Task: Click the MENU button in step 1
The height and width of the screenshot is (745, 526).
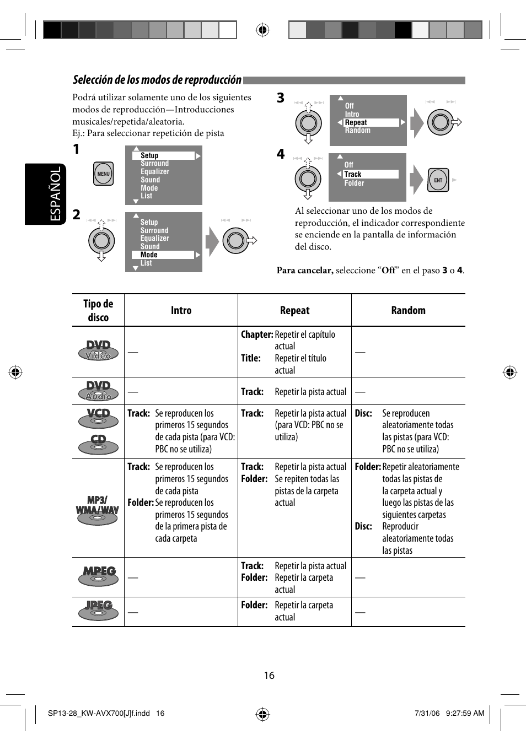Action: point(103,174)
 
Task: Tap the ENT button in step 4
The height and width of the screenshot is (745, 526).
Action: point(438,180)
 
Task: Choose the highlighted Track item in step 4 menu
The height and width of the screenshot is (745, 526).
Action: point(370,174)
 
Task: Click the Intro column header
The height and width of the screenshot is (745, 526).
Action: point(181,310)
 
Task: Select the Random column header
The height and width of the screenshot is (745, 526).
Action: point(408,310)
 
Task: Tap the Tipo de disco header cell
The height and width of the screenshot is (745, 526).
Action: point(98,310)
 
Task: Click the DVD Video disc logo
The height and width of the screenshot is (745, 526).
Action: point(98,350)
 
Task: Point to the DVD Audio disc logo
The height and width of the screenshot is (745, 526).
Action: point(98,391)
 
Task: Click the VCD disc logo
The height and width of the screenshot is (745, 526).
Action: point(98,418)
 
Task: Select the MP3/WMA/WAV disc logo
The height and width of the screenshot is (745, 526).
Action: point(98,510)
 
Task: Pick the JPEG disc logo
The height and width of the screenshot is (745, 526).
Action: point(99,611)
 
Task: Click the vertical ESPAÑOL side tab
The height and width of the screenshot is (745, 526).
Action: point(55,194)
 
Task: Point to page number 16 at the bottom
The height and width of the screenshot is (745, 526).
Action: point(269,676)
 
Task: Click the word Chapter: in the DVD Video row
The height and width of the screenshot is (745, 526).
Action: point(257,334)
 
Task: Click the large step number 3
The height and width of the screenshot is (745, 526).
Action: point(281,98)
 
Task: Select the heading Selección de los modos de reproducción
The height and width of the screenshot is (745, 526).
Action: point(157,80)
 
